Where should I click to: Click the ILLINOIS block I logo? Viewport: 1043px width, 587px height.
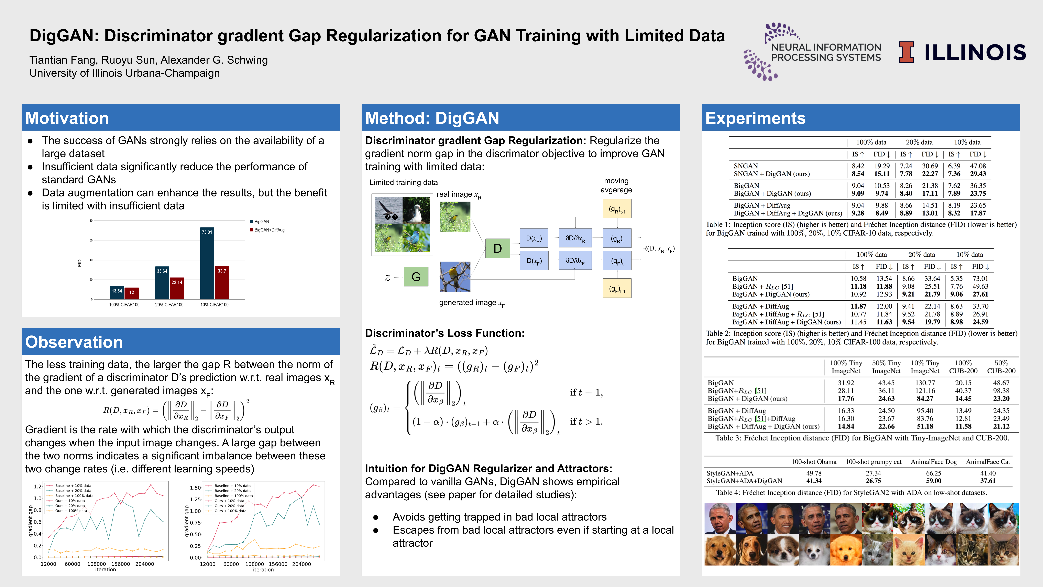click(906, 53)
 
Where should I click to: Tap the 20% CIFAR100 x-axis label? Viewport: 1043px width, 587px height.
click(169, 305)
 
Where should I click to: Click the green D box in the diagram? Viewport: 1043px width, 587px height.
click(498, 248)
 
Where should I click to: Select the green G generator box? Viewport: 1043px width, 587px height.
click(416, 277)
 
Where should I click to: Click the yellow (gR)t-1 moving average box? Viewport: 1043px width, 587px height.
click(617, 209)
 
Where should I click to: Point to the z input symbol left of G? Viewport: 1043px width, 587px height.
click(387, 277)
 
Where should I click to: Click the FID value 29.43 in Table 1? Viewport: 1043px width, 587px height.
click(978, 174)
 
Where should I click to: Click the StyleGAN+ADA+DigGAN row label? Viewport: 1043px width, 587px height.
click(744, 481)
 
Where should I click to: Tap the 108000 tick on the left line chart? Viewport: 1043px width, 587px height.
click(96, 564)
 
